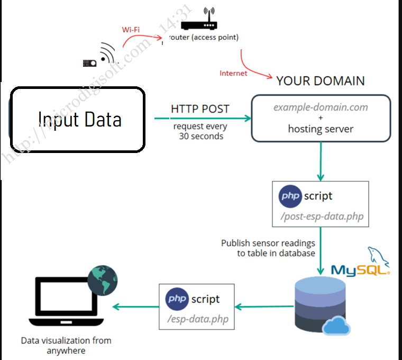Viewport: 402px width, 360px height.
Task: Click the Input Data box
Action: [77, 120]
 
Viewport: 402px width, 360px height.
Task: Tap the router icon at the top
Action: [199, 21]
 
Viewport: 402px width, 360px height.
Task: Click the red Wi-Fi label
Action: [131, 30]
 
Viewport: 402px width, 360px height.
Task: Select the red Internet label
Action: [233, 73]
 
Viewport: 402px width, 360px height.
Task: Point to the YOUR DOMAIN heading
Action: [320, 81]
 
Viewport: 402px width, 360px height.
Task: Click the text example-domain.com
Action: [321, 107]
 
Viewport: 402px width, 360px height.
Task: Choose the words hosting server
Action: [321, 129]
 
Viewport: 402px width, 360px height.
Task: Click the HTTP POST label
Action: [200, 109]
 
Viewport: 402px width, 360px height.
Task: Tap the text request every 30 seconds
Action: [200, 131]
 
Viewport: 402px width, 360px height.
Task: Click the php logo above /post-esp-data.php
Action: [290, 196]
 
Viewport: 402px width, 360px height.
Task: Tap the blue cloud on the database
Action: [336, 326]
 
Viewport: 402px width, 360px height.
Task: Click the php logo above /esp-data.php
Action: [177, 299]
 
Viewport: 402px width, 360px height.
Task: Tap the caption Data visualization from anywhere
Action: [66, 345]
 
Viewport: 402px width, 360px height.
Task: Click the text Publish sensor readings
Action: [268, 243]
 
